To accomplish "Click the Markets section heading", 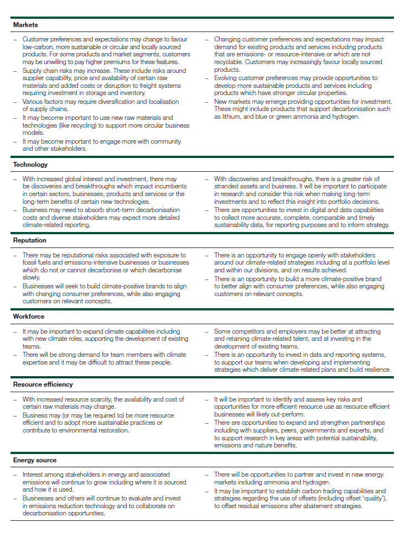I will click(25, 25).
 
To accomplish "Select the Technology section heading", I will click(30, 165).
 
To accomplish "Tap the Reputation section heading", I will click(30, 241).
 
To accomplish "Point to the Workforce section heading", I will click(29, 317).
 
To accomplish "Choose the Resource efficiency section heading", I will click(43, 384).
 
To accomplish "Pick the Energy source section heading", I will click(35, 460).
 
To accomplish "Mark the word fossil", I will click(31, 263).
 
